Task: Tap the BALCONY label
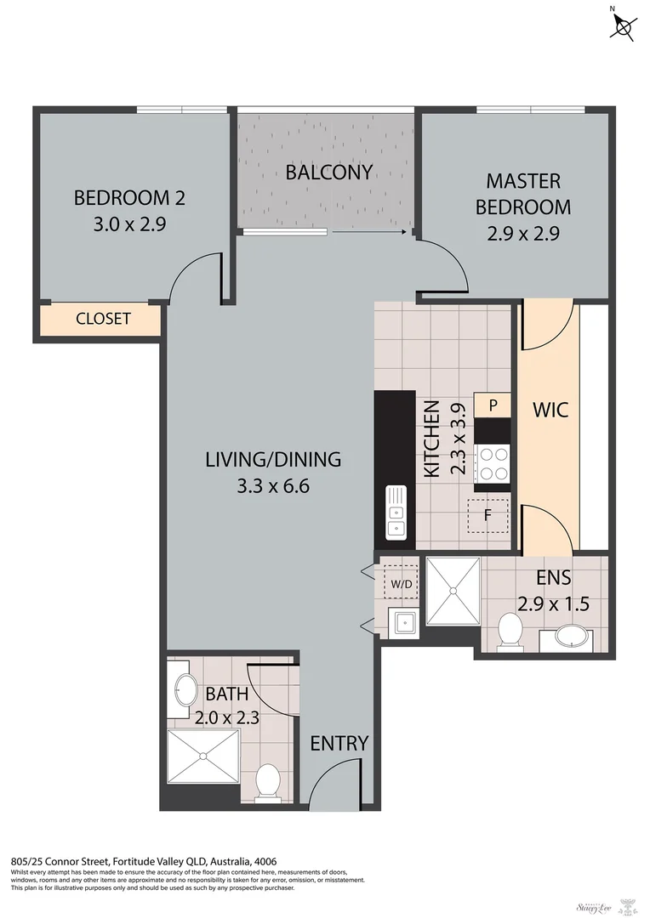[328, 173]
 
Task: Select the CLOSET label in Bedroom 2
[103, 319]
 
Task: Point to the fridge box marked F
[488, 515]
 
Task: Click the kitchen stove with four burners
[493, 464]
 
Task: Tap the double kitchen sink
[396, 513]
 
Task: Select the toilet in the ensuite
[510, 633]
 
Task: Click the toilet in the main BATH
[268, 782]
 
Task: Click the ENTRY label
[339, 743]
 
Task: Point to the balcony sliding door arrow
[368, 230]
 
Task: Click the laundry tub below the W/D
[402, 623]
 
